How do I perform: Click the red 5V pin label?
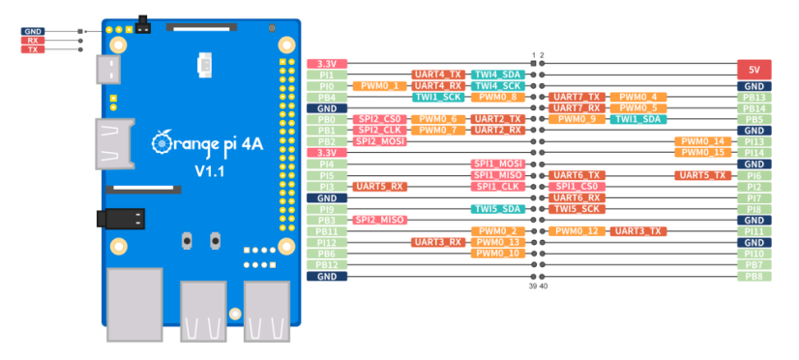point(754,70)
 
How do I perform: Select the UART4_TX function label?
point(438,75)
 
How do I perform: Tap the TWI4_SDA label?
point(498,75)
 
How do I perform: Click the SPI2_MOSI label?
point(379,141)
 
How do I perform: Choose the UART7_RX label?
point(577,108)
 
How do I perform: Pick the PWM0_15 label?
point(702,153)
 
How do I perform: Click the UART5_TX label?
point(702,175)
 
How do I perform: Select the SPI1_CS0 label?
point(577,186)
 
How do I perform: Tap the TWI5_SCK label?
point(577,208)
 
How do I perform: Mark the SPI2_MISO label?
point(379,220)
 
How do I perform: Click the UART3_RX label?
point(438,242)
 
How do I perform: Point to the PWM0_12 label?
point(577,231)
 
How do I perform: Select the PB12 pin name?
point(327,264)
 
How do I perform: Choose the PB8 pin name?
point(754,276)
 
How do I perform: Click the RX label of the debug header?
point(33,41)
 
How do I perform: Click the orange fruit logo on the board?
point(162,143)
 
